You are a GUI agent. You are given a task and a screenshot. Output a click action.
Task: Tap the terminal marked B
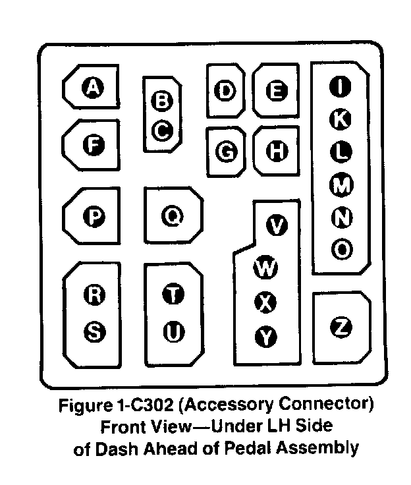point(161,101)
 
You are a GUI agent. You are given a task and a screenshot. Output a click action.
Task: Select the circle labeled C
point(161,130)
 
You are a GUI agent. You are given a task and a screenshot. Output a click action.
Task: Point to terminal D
point(226,91)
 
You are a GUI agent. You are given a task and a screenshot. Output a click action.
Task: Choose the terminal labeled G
point(226,152)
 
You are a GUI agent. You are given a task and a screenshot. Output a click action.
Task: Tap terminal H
point(277,152)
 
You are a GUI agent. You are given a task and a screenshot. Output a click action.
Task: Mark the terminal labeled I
point(340,86)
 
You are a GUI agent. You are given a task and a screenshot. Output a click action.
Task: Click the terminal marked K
point(340,119)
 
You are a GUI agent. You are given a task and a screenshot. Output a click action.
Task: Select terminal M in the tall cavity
point(341,186)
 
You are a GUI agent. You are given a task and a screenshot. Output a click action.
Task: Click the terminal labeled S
point(94,333)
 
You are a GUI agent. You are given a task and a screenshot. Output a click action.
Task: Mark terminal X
point(265,303)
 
